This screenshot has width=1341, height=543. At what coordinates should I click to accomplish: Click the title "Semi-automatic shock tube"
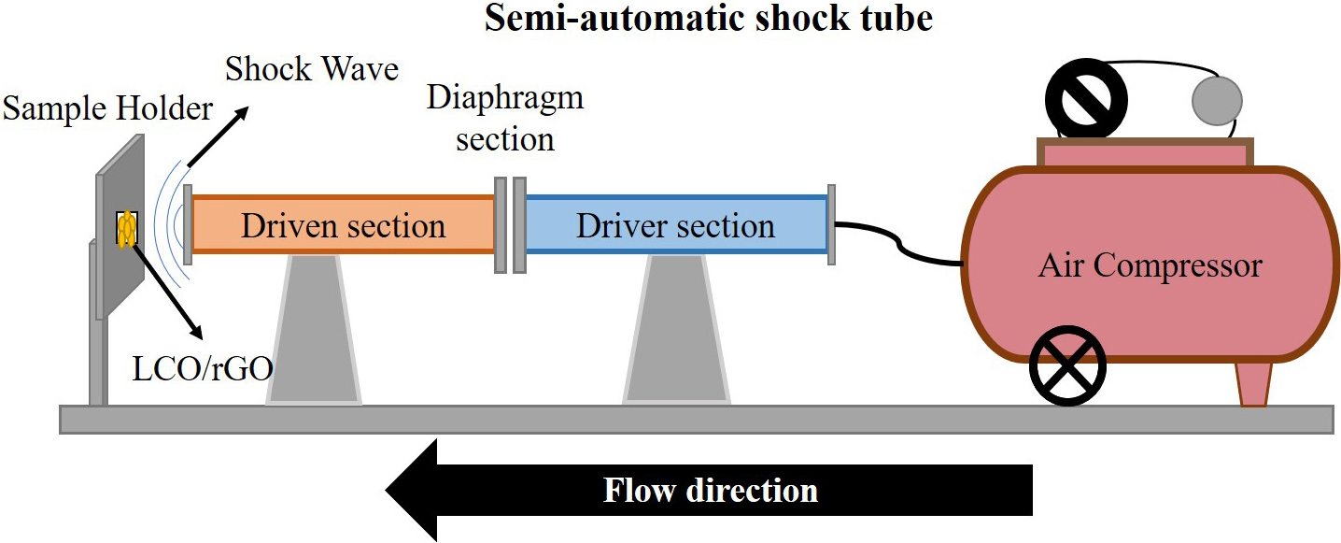point(707,19)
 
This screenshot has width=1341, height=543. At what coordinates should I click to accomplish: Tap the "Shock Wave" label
point(312,68)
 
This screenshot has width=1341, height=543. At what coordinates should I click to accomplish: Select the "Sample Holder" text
point(107,109)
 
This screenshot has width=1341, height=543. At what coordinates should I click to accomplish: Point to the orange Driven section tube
point(343,225)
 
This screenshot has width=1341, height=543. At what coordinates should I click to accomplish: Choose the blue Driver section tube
point(675,225)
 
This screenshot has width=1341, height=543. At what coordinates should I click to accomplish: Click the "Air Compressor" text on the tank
point(1150,265)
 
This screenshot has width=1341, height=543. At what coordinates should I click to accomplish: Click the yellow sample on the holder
point(126,229)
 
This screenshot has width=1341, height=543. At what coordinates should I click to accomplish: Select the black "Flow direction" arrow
point(710,491)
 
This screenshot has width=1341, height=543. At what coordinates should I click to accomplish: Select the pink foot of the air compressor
point(1253,384)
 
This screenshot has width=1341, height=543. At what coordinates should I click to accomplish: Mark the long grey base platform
point(696,420)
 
